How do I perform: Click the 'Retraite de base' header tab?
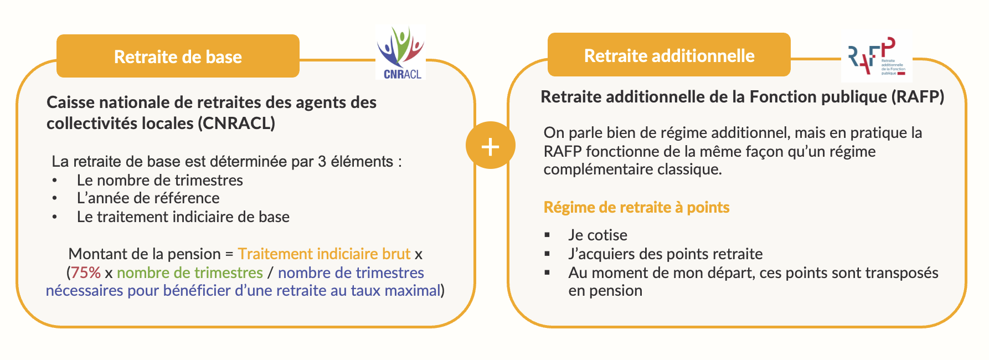click(178, 56)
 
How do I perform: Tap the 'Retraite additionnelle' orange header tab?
click(669, 55)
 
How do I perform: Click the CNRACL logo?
click(401, 53)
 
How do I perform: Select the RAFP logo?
click(875, 58)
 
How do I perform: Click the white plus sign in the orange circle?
click(490, 146)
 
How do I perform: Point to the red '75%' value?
click(86, 272)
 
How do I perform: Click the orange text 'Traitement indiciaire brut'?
click(324, 254)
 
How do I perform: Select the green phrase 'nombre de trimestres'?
click(189, 272)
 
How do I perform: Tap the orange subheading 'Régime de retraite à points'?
click(636, 207)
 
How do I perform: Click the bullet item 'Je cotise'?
click(597, 235)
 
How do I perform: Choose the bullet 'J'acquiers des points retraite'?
click(665, 254)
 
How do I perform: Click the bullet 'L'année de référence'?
click(148, 198)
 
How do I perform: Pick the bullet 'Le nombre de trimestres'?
click(159, 180)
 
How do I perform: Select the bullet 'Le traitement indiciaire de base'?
click(183, 217)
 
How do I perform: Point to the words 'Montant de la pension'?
click(145, 254)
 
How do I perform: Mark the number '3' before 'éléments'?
click(322, 161)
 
